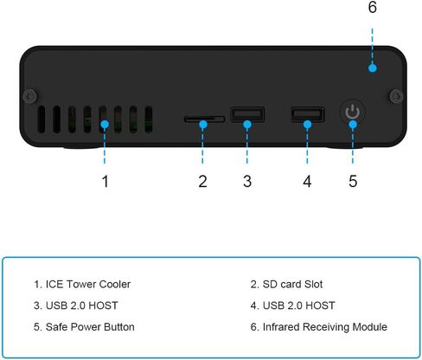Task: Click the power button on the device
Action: tap(352, 112)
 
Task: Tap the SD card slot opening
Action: tap(204, 119)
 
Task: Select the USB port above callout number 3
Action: tap(247, 114)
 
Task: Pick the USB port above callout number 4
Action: tap(308, 114)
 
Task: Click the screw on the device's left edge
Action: tap(29, 96)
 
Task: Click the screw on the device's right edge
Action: tap(396, 96)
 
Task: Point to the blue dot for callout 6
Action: tap(373, 68)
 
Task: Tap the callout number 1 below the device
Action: tap(105, 182)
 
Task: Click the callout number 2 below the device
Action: tap(202, 182)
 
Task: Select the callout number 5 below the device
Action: tap(353, 182)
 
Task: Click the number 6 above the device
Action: tap(373, 7)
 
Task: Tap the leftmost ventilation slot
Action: tap(42, 119)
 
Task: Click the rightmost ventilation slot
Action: tap(149, 119)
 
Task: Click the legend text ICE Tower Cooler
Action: tap(88, 285)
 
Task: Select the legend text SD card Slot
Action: tap(292, 285)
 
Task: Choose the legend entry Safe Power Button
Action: tap(84, 327)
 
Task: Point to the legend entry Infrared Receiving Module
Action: tap(319, 327)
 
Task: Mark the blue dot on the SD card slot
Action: tap(203, 125)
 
